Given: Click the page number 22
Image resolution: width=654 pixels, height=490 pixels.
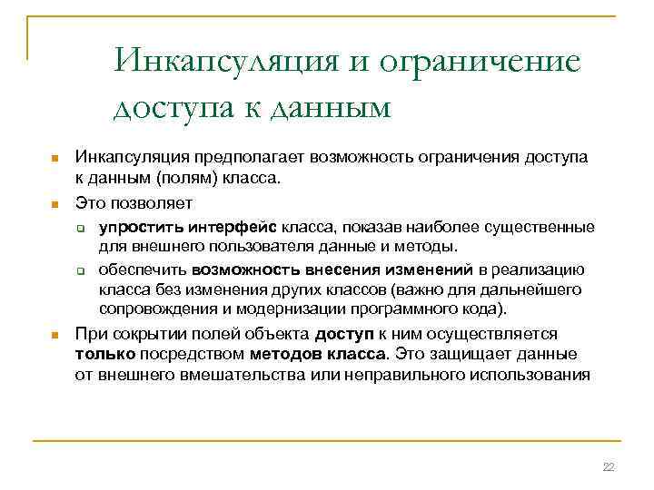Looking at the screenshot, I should [x=609, y=467].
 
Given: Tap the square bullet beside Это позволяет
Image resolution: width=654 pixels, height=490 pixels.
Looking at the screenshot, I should [x=54, y=201].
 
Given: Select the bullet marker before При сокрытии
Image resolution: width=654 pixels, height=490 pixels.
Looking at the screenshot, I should [x=54, y=335].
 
